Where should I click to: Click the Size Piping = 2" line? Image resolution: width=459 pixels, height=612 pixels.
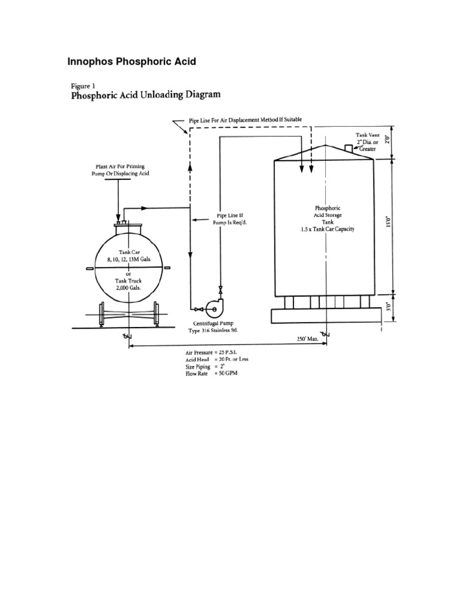pos(212,369)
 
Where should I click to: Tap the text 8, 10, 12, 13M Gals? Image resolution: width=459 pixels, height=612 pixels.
pos(128,259)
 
